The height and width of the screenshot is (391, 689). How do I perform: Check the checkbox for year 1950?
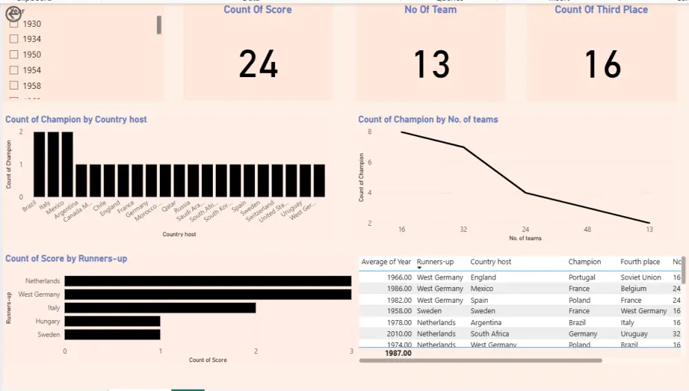(14, 54)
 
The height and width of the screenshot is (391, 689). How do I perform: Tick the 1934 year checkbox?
(14, 39)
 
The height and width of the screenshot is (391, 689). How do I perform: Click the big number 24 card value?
(258, 64)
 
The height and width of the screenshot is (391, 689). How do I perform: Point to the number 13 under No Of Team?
(431, 64)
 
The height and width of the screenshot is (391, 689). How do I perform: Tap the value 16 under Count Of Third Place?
(602, 64)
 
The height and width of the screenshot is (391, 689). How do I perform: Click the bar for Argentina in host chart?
(68, 165)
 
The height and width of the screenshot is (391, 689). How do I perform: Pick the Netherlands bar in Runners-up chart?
(207, 281)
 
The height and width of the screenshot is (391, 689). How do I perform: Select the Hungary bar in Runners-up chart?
(112, 321)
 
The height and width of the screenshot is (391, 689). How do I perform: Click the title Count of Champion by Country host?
(76, 120)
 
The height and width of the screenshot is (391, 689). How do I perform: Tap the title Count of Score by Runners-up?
(66, 259)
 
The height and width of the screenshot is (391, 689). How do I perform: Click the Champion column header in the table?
(584, 262)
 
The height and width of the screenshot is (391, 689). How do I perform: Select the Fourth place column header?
(640, 262)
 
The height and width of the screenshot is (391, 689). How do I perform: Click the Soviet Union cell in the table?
(641, 277)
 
